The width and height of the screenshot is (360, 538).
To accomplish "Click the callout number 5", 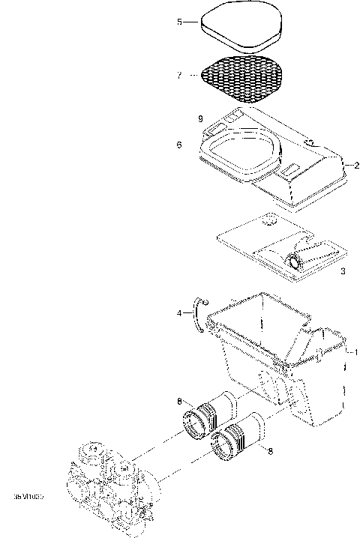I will [x=179, y=22].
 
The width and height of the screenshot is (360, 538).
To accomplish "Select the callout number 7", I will [x=179, y=75].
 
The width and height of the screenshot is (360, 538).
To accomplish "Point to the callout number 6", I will [x=179, y=145].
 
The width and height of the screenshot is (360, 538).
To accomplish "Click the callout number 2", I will [x=356, y=165].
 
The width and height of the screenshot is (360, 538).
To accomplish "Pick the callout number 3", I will [x=343, y=270].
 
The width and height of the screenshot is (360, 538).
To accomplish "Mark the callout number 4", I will [x=179, y=313].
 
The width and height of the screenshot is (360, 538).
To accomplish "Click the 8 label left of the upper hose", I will [x=180, y=402].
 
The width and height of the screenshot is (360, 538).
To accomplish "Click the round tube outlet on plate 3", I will [x=296, y=261].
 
